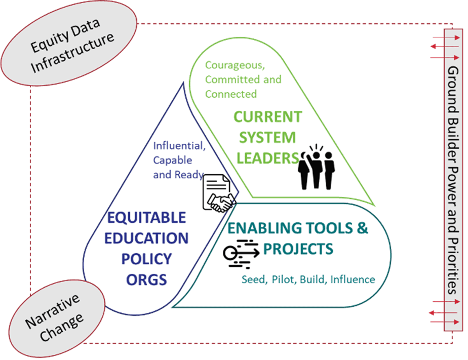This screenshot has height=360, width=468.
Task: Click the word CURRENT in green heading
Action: tap(268, 116)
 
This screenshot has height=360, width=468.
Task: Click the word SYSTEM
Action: tap(268, 137)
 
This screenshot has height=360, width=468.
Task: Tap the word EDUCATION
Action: tap(148, 238)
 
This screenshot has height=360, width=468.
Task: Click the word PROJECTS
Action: tap(298, 249)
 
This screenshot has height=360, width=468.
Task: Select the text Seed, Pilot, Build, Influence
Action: tap(308, 280)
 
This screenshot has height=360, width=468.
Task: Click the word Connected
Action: tap(231, 94)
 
